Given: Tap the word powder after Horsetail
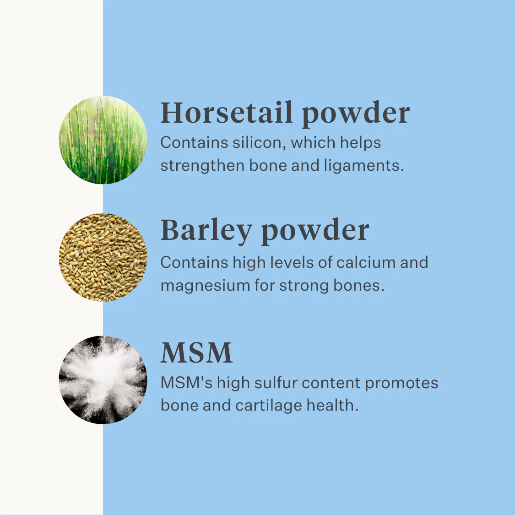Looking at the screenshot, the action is (x=356, y=114).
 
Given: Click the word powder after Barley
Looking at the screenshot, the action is (x=315, y=232).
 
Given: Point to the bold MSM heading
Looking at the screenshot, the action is (x=196, y=352).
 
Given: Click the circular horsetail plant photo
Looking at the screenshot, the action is (x=103, y=140).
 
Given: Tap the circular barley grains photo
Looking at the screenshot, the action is (x=103, y=257).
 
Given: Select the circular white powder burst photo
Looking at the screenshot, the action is (x=103, y=379).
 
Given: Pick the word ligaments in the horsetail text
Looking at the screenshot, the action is (x=364, y=166).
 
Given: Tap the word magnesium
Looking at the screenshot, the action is (x=205, y=286).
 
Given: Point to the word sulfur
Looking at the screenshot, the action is (x=276, y=383).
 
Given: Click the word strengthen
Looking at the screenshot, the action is (x=202, y=166).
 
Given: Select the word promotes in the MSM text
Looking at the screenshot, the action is (x=401, y=384).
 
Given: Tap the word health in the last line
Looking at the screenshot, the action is (x=332, y=405).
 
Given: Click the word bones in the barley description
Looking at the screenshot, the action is (x=359, y=285).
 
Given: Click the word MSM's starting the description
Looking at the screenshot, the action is (x=187, y=383).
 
